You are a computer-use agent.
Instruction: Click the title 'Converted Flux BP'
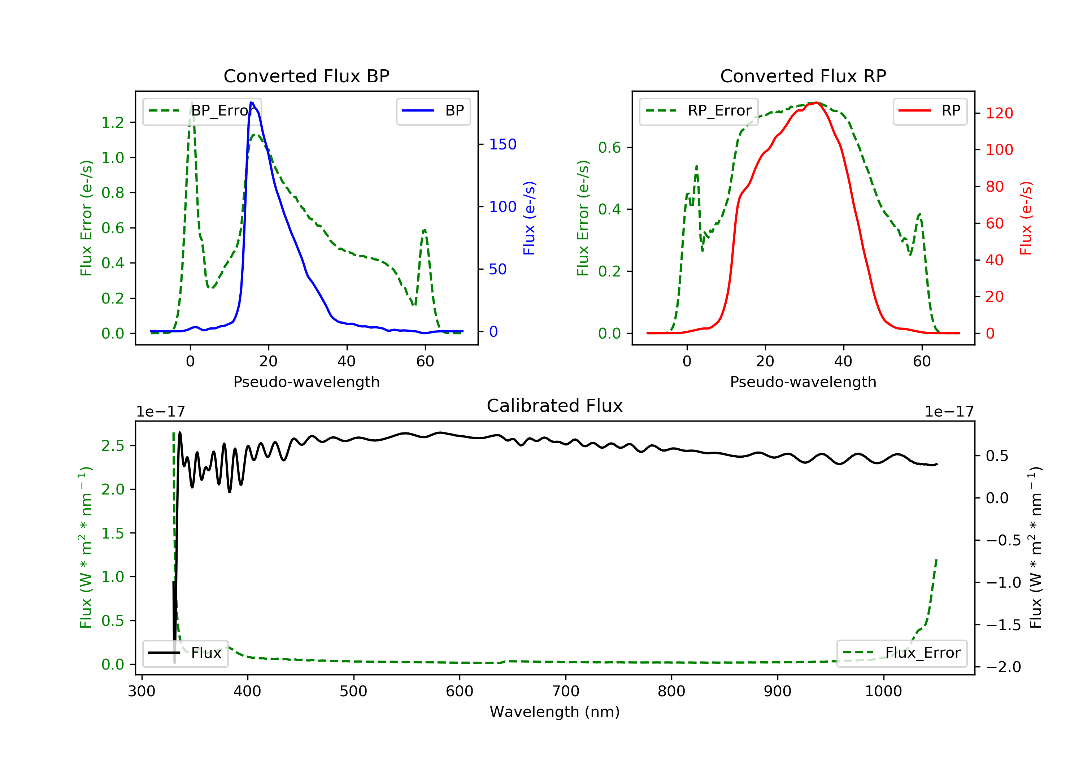click(x=306, y=76)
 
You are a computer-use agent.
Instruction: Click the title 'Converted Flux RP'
click(x=803, y=76)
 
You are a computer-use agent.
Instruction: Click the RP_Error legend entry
click(x=699, y=110)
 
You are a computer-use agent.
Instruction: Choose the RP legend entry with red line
click(x=930, y=110)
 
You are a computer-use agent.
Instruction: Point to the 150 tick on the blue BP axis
click(x=503, y=144)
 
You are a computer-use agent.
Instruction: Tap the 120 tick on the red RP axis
click(x=999, y=113)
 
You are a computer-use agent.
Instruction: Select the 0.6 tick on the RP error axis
click(x=609, y=148)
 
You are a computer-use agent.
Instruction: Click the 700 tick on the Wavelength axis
click(x=566, y=691)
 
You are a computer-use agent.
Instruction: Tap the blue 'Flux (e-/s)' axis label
click(x=529, y=218)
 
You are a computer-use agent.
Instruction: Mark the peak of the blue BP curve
click(x=251, y=103)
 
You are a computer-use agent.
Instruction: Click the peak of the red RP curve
click(x=817, y=103)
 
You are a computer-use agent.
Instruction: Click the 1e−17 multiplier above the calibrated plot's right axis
click(x=949, y=412)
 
